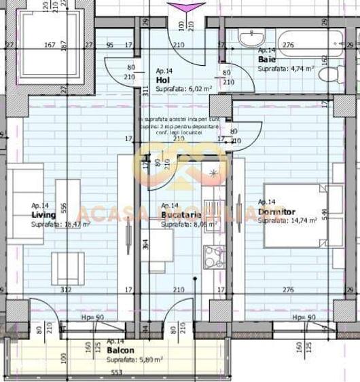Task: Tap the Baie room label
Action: point(266,59)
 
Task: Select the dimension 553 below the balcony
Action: point(116,373)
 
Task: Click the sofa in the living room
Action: point(26,204)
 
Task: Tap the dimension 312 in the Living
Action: point(67,290)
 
